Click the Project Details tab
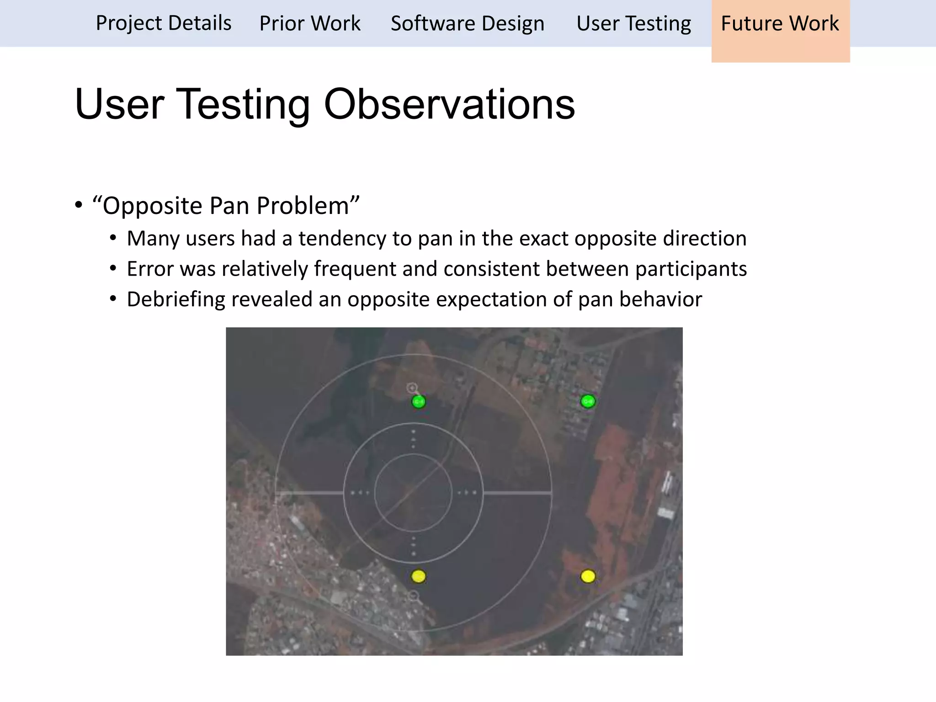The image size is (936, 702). (x=164, y=23)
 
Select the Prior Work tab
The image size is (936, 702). (x=310, y=23)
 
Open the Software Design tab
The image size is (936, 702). (x=468, y=23)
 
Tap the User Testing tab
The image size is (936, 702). (x=633, y=23)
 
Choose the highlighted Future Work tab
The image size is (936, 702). (x=780, y=23)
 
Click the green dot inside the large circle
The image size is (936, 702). (x=419, y=402)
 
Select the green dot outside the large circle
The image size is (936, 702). (x=588, y=401)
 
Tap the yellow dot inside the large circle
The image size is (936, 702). (x=418, y=576)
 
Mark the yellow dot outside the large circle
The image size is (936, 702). (x=588, y=576)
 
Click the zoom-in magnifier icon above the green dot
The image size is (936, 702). (x=412, y=388)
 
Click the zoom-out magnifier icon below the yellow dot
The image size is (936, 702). (x=414, y=596)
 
